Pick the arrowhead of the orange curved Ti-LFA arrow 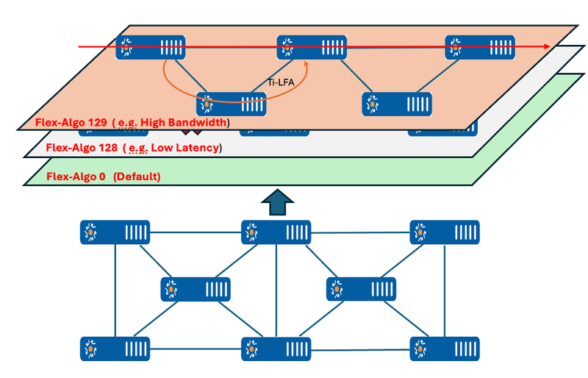tap(306, 66)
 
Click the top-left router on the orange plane tap(151, 48)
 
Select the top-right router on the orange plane tap(479, 48)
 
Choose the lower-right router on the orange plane tap(396, 104)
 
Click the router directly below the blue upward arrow tap(276, 232)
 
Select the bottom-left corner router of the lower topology tap(115, 348)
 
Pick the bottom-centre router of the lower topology tap(276, 348)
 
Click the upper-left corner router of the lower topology tap(115, 232)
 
